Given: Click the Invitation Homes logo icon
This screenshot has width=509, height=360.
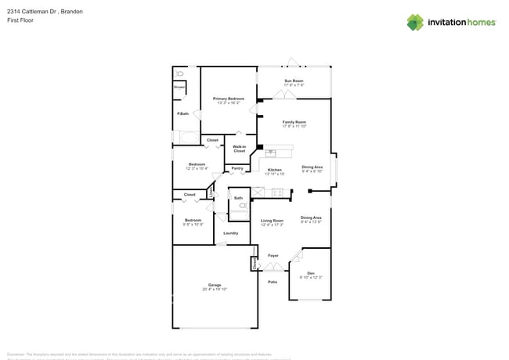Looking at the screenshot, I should (x=415, y=22).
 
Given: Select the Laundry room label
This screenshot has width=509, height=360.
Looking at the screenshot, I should (x=230, y=233).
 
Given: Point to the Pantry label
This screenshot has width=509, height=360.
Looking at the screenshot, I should (x=236, y=168).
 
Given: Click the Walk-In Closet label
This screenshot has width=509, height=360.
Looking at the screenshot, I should (x=239, y=149).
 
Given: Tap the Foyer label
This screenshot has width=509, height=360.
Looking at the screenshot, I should (x=273, y=256).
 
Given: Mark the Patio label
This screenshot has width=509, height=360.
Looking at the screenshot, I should (x=273, y=282).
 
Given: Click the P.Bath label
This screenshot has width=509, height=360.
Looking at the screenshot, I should (x=182, y=114).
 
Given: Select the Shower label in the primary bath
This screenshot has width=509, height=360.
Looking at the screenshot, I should (x=179, y=88).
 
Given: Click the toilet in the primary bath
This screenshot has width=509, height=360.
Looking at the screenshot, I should (x=179, y=74).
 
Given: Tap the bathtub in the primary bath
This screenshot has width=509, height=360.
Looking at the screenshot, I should (x=186, y=138).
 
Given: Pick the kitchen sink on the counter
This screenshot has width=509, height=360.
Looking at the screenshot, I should (x=271, y=153).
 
